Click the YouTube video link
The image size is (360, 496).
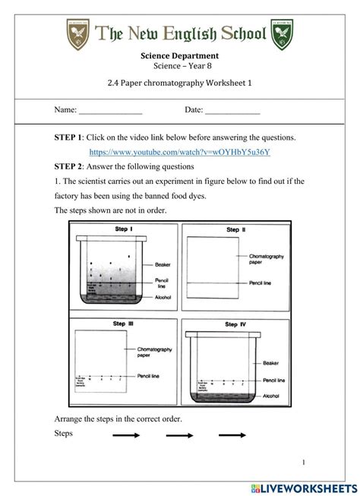tap(179, 152)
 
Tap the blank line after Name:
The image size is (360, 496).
tap(111, 111)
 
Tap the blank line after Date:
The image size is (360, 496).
tap(232, 111)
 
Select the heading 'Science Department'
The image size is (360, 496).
tap(179, 55)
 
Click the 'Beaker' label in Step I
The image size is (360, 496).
tap(163, 265)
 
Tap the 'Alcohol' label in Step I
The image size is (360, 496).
tap(163, 299)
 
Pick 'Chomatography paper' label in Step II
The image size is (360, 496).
tap(267, 260)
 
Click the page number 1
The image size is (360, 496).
tap(303, 462)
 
